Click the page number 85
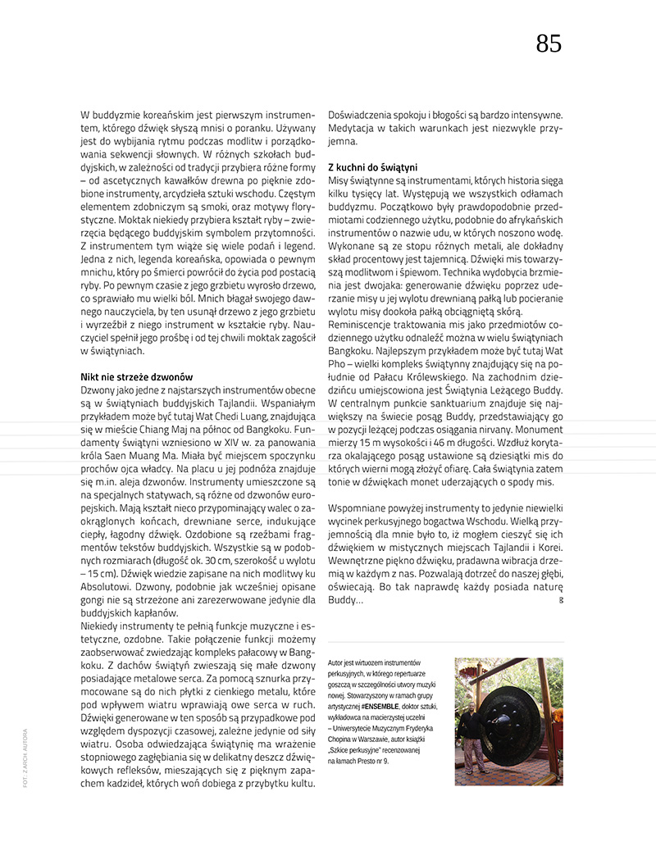click(549, 43)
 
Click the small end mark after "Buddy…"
click(560, 602)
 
